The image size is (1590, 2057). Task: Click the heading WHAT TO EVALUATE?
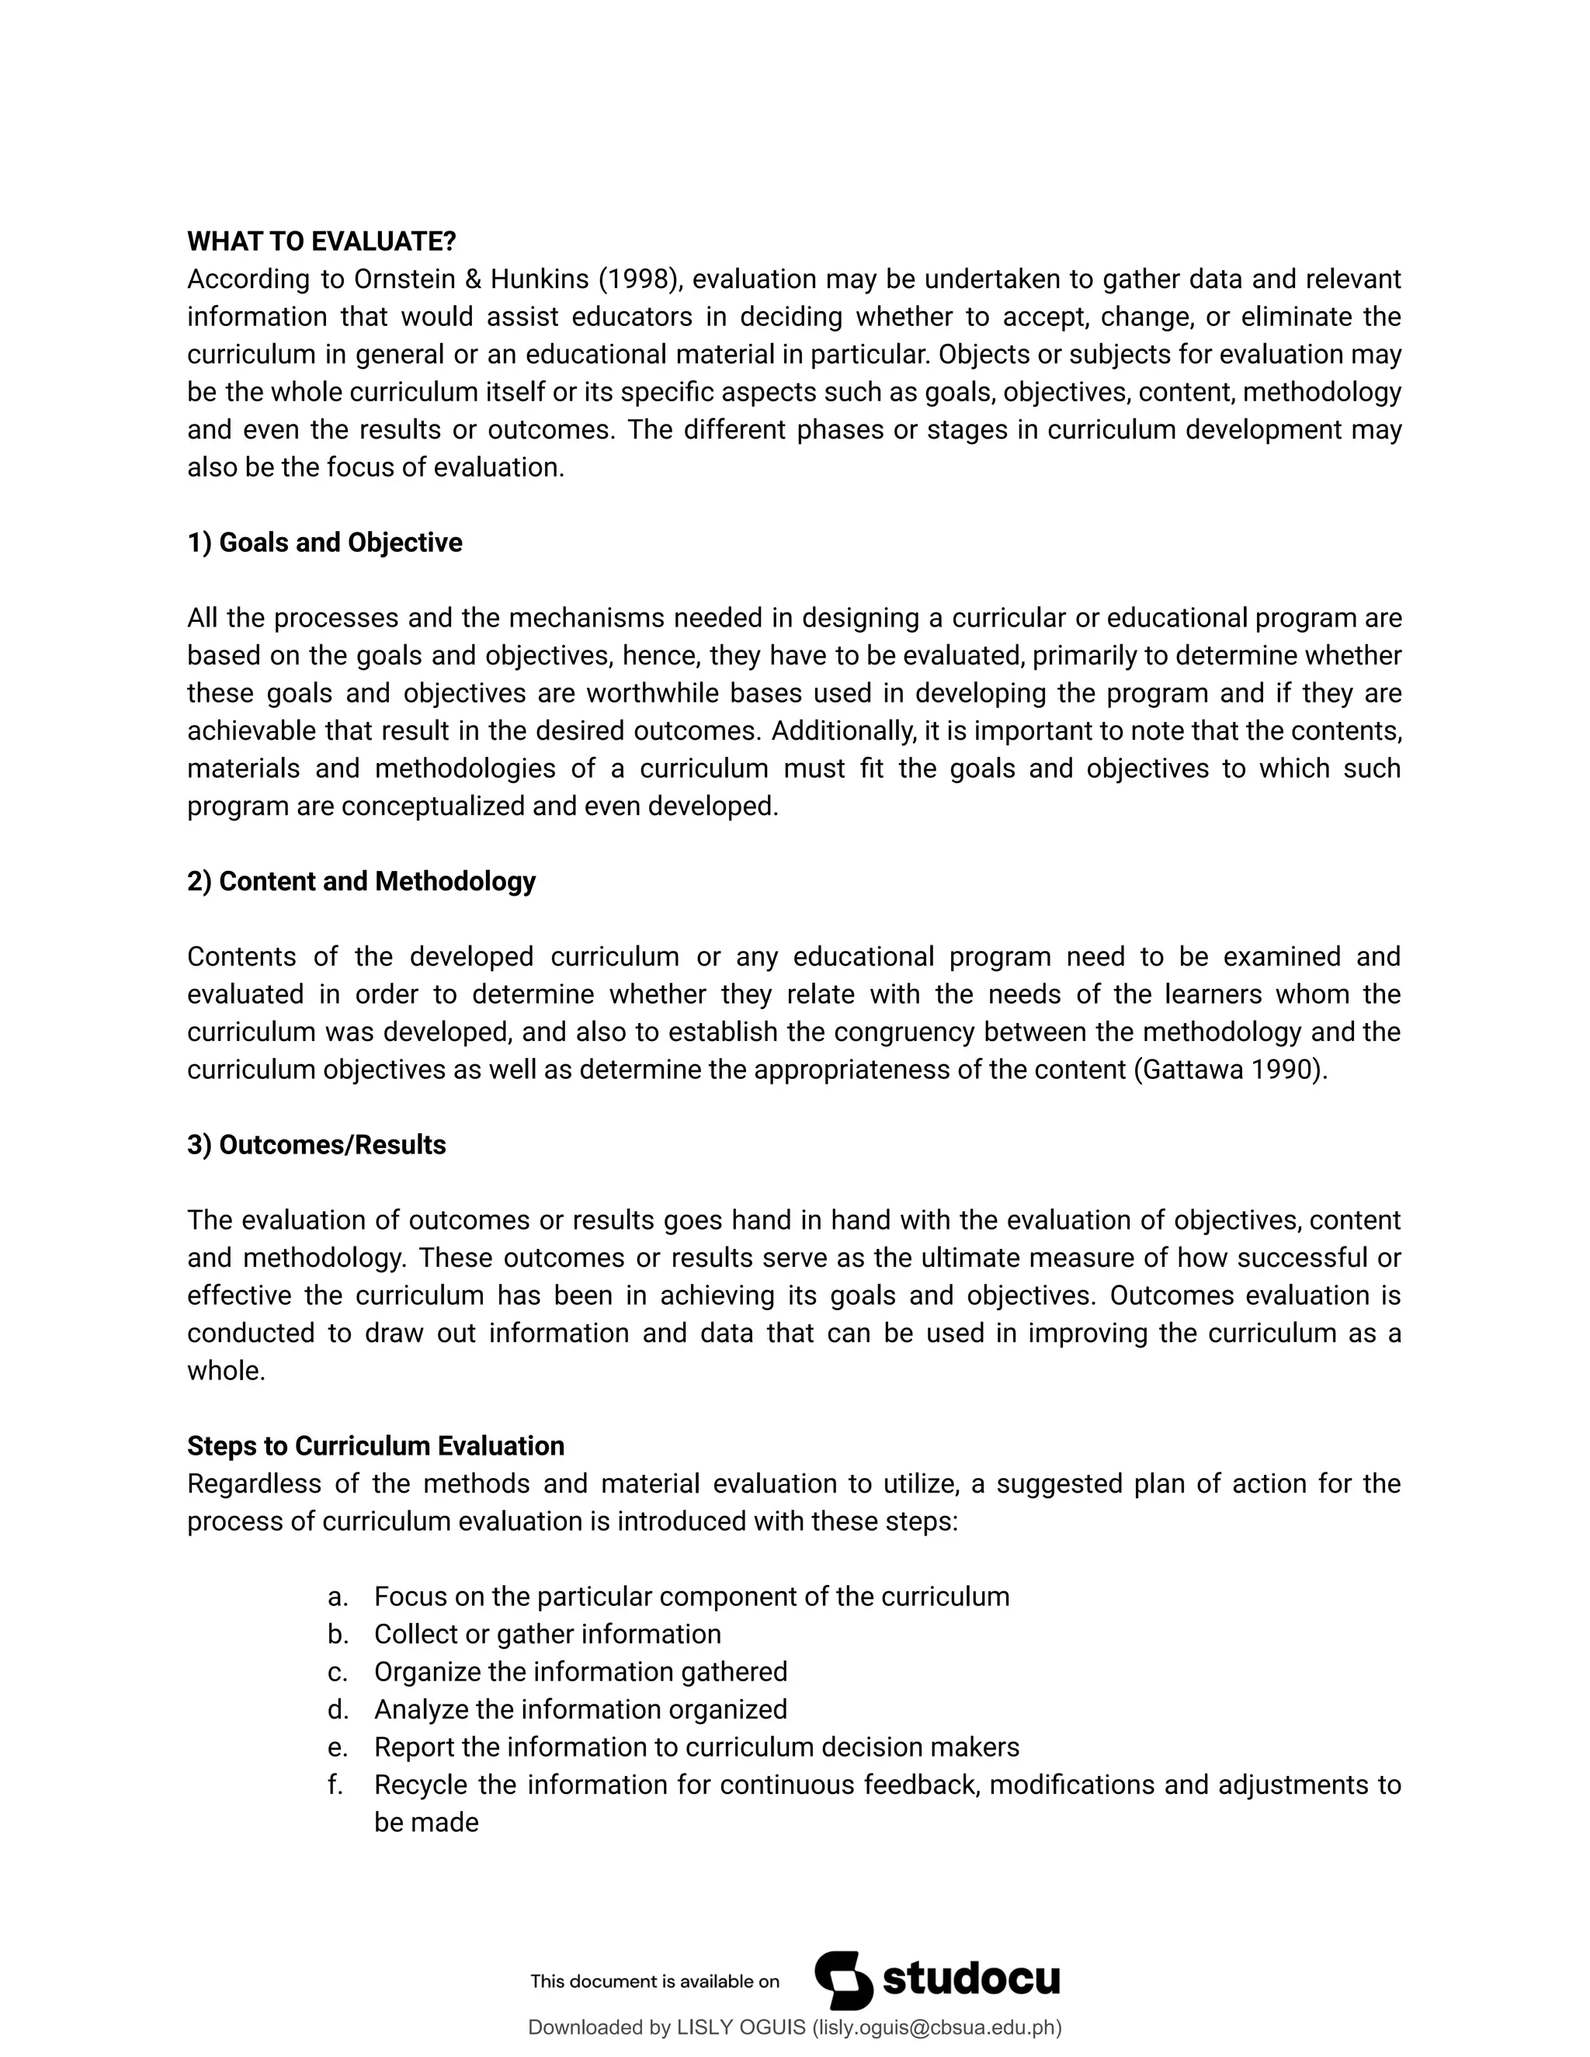(x=321, y=242)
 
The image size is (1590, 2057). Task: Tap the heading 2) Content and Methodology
(x=361, y=882)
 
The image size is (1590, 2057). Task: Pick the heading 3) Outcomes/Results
(x=317, y=1145)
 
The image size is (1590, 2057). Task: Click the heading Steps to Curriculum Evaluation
(x=375, y=1447)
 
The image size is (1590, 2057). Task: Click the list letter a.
(x=337, y=1597)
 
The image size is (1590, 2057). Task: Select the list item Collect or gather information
(x=547, y=1635)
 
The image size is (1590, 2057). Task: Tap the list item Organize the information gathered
(x=580, y=1673)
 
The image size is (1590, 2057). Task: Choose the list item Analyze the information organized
(x=580, y=1710)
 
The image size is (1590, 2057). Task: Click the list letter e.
(x=337, y=1748)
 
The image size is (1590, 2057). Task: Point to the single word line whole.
(x=226, y=1372)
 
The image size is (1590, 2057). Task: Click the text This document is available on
(x=654, y=1982)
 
